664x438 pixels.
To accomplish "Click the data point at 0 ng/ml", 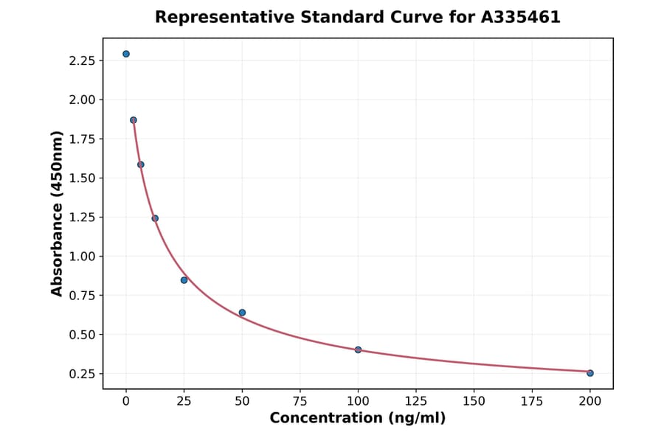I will pos(126,54).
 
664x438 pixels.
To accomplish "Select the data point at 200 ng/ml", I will pos(590,373).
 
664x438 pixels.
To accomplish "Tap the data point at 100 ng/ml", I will pos(358,350).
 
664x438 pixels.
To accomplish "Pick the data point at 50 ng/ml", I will pos(242,313).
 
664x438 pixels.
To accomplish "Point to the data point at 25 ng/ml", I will pos(184,280).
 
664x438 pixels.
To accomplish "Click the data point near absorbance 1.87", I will pos(134,120).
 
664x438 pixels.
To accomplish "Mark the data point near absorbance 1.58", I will pos(141,164).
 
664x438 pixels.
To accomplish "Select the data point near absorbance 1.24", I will pos(155,218).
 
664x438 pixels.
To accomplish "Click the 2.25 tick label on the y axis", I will pos(82,60).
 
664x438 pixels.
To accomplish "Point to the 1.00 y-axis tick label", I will pos(82,257).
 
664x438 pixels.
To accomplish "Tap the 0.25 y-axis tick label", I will pos(82,374).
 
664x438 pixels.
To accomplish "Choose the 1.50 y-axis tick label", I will pos(82,178).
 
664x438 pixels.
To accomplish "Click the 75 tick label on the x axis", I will pos(300,401).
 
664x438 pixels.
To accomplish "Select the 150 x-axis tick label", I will pos(474,401).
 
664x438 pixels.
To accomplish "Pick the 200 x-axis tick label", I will pos(590,401).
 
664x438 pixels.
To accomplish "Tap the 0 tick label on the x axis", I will pos(126,401).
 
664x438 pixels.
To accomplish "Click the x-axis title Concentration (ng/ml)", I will pos(358,419).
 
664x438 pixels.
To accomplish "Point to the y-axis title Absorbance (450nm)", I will pos(58,213).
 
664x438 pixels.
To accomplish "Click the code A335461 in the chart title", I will pos(521,17).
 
